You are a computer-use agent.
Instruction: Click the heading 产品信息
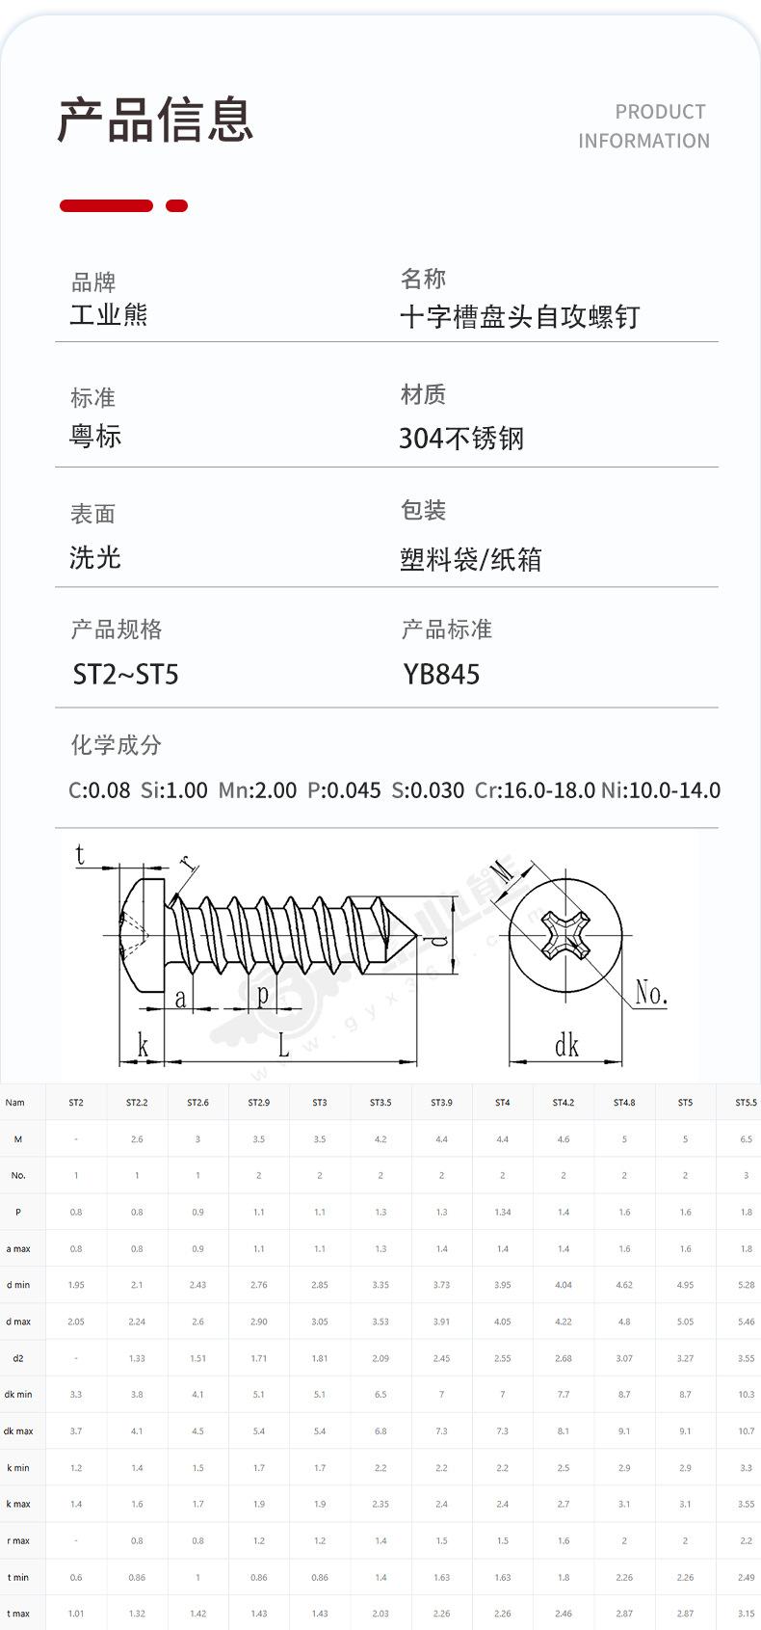155,120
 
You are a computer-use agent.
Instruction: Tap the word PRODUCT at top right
660,112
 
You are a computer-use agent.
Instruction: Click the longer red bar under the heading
106,205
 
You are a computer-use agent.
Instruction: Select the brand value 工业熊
109,315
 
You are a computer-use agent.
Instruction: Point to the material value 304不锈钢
461,439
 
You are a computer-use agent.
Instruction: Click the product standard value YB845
441,674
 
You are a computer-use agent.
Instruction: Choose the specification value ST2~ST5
126,674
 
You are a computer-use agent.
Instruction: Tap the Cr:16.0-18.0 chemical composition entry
535,790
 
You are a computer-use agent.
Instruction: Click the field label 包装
423,510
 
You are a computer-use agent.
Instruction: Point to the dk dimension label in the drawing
566,1045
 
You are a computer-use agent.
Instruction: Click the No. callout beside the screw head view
651,993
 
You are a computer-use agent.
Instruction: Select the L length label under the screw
283,1045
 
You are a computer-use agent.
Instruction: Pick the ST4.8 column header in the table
624,1103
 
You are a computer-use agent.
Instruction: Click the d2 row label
17,1358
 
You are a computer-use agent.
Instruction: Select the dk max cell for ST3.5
380,1431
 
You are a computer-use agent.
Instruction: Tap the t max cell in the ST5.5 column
746,1614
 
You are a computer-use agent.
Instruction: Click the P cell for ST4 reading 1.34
502,1213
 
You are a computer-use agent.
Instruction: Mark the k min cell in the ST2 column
76,1468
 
